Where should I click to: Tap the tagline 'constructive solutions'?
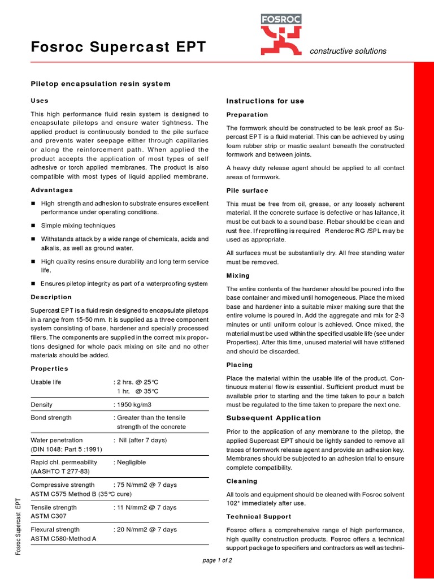348,51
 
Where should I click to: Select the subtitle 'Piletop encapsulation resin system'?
100,84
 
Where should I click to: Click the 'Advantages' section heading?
51,190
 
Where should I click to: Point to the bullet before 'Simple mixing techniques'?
33,225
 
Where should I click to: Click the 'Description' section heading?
51,297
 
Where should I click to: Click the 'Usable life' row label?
46,382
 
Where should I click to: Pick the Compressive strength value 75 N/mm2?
146,485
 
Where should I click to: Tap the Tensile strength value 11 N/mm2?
146,507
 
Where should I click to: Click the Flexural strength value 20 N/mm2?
146,530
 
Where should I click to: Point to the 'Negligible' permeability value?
133,462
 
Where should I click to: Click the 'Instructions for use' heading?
265,101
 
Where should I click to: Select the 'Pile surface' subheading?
247,191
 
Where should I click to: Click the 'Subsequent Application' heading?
274,418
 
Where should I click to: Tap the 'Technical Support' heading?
259,517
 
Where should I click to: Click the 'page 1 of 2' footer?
217,560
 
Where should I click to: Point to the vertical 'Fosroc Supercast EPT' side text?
19,526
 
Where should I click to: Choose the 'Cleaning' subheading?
242,481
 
